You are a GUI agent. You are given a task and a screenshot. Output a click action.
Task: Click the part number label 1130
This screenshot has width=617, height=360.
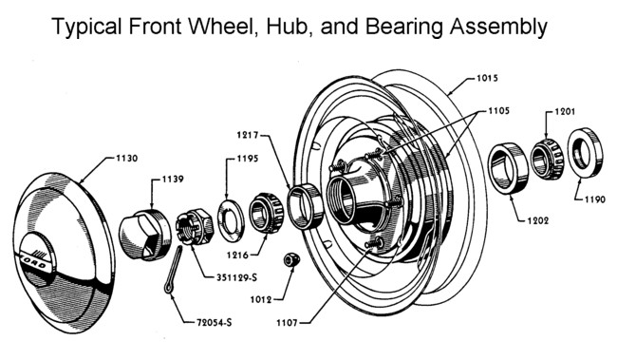click(x=126, y=159)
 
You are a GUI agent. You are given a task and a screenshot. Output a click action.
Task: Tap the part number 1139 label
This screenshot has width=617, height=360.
click(x=173, y=180)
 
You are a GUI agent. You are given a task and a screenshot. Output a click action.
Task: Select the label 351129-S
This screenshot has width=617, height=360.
click(x=236, y=277)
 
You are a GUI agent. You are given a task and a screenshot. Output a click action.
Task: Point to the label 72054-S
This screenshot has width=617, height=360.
click(x=215, y=323)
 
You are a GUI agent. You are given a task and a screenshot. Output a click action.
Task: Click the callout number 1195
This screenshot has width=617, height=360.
click(x=248, y=159)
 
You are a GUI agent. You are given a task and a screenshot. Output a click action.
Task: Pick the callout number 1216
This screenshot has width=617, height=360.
click(x=237, y=256)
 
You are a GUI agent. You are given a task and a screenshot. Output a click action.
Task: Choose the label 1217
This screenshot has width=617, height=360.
click(x=248, y=135)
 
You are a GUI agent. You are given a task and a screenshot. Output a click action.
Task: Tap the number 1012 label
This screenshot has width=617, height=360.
click(x=261, y=300)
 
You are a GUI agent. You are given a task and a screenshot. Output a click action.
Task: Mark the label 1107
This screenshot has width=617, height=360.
click(x=287, y=323)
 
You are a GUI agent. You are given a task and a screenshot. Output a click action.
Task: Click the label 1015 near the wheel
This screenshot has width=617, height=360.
click(x=487, y=78)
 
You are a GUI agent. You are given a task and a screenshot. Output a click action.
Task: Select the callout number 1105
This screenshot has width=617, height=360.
click(x=498, y=111)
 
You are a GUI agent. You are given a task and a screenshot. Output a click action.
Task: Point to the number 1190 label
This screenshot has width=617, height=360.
click(x=594, y=199)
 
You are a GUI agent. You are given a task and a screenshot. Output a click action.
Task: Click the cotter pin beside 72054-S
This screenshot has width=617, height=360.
click(x=173, y=270)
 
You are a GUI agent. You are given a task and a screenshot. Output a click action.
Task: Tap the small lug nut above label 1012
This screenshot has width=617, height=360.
click(x=291, y=260)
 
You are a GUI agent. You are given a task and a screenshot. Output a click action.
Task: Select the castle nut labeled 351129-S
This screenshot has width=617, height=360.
click(x=195, y=227)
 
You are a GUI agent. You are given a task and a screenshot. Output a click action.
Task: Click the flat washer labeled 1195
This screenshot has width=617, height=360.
click(x=231, y=220)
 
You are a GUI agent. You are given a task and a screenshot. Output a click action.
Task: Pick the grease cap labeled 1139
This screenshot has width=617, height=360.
click(x=145, y=236)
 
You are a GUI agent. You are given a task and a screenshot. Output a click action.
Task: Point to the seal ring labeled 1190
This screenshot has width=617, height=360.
click(x=585, y=153)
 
